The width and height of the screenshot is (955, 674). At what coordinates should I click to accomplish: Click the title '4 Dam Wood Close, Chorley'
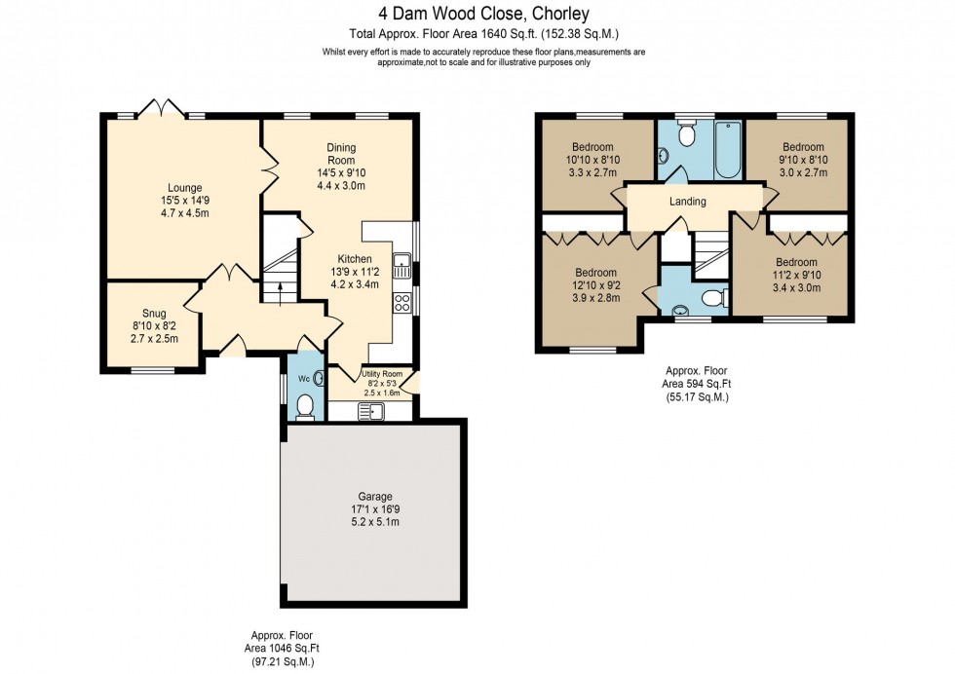(477, 14)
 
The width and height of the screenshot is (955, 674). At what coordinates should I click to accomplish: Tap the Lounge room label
(184, 188)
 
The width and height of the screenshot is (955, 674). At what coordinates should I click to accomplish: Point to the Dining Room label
(341, 154)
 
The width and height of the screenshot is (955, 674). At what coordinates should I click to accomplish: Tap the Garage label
(374, 496)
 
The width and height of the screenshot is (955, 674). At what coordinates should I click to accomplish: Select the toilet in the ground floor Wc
(303, 406)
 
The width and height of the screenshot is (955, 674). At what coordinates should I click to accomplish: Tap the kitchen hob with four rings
(401, 302)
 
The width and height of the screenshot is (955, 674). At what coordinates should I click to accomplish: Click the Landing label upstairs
(688, 202)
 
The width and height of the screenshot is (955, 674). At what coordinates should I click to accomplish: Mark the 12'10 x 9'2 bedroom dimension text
(594, 285)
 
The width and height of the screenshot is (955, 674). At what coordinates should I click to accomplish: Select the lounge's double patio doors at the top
(160, 110)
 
